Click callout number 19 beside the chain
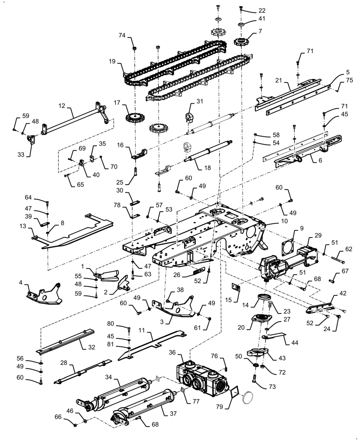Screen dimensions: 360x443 click(x=112, y=61)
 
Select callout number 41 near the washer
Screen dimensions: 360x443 click(x=262, y=18)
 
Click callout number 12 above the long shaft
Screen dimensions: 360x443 click(x=62, y=106)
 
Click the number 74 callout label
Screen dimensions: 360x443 click(x=122, y=35)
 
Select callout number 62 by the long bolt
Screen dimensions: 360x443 click(x=348, y=249)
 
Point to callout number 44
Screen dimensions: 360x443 click(x=294, y=343)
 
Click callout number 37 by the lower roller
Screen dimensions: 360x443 click(x=173, y=413)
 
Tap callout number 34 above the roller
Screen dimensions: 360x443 click(x=109, y=377)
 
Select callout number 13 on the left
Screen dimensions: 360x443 click(x=23, y=226)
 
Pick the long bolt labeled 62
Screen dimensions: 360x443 click(x=336, y=257)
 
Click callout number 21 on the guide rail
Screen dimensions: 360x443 click(x=278, y=81)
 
